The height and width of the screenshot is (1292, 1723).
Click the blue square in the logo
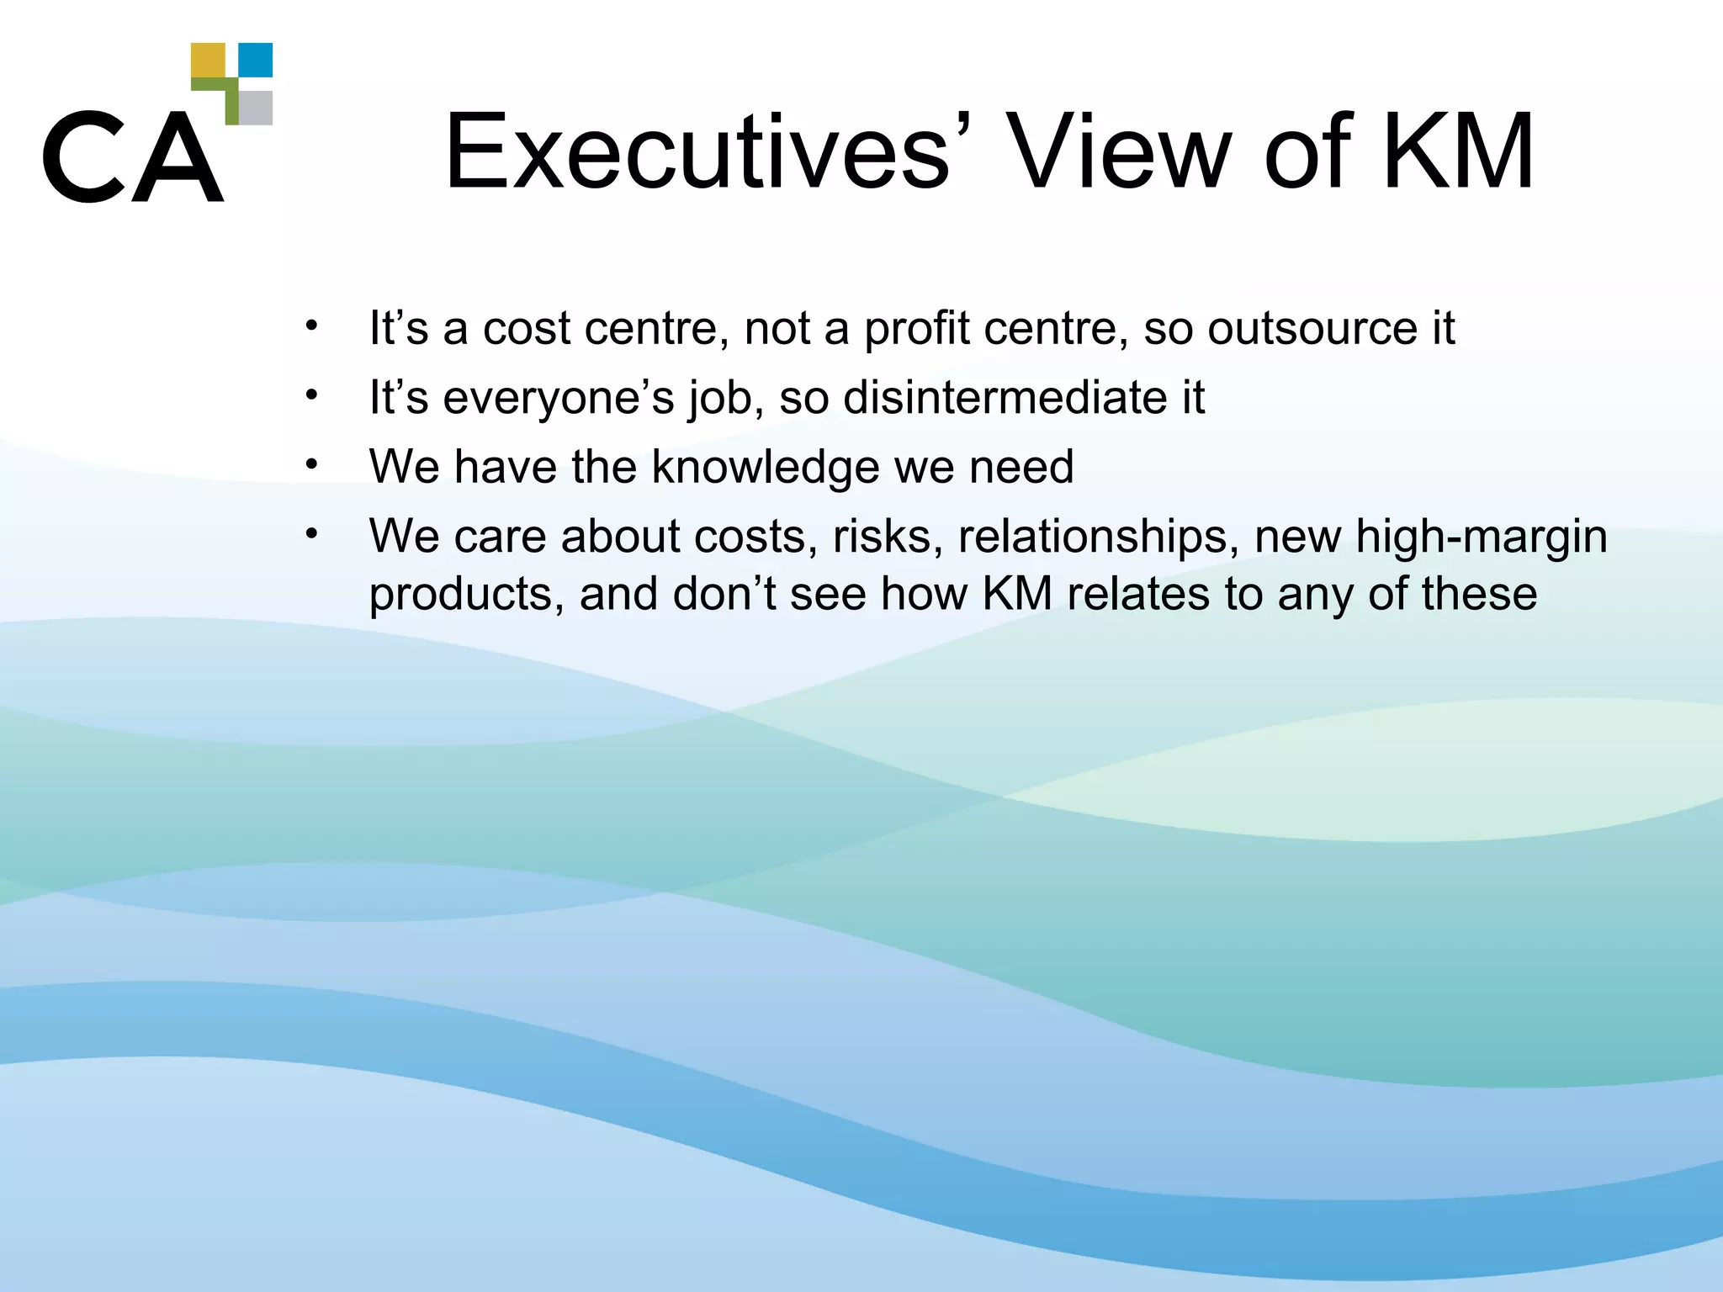click(x=256, y=60)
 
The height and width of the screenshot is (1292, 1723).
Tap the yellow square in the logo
click(x=208, y=60)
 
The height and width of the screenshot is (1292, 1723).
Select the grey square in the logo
click(x=256, y=108)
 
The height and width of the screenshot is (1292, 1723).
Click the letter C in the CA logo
click(x=82, y=156)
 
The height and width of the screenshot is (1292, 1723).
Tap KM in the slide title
click(x=1458, y=153)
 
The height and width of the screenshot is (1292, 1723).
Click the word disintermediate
click(x=999, y=397)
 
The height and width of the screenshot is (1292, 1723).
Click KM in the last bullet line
click(x=1017, y=593)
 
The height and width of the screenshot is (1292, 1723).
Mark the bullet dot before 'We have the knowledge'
click(x=312, y=464)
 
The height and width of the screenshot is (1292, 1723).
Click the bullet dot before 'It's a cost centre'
click(x=312, y=326)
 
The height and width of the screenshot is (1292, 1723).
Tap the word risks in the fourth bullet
click(x=888, y=537)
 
